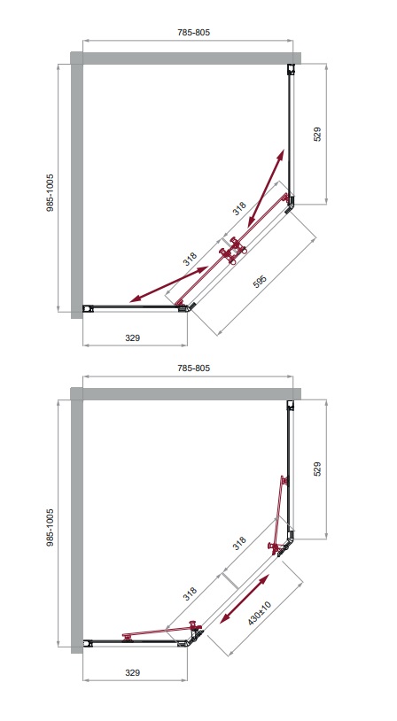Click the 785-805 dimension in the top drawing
click(194, 33)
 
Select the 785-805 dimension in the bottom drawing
click(194, 368)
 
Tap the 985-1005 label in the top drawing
click(50, 193)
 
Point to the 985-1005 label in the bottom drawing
click(50, 527)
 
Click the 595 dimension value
click(260, 282)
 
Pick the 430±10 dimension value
click(260, 613)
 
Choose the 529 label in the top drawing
click(317, 135)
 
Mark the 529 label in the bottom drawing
click(317, 469)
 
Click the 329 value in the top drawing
click(133, 338)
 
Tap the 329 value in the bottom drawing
click(133, 672)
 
